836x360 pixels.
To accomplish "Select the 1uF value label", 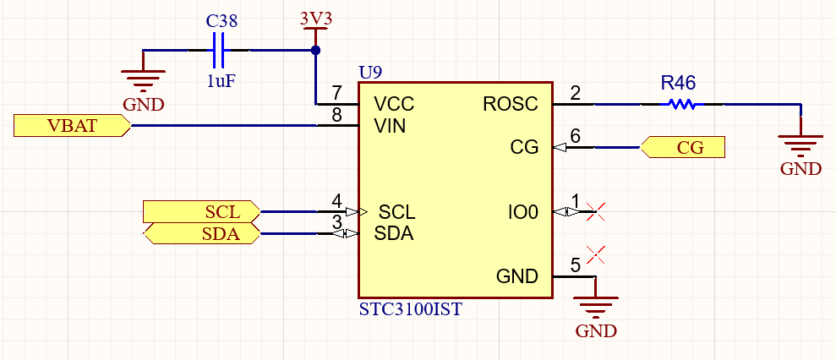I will (221, 81).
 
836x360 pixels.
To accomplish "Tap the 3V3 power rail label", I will (315, 19).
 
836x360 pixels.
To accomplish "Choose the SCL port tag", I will (202, 210).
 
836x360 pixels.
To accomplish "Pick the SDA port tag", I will (202, 234).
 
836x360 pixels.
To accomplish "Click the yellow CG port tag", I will (684, 148).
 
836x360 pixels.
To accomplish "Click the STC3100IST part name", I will (410, 309).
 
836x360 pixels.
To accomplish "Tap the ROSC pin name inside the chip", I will (510, 105).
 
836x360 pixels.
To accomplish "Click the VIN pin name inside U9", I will (390, 126).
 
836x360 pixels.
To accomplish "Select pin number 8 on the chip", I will (336, 116).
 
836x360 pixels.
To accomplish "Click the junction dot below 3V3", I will (315, 51).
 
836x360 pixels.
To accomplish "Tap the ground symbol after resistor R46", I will (800, 145).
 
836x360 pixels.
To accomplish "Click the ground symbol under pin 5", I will (595, 308).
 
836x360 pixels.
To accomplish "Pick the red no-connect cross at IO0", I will (595, 211).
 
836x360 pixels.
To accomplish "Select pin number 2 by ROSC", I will (576, 94).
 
